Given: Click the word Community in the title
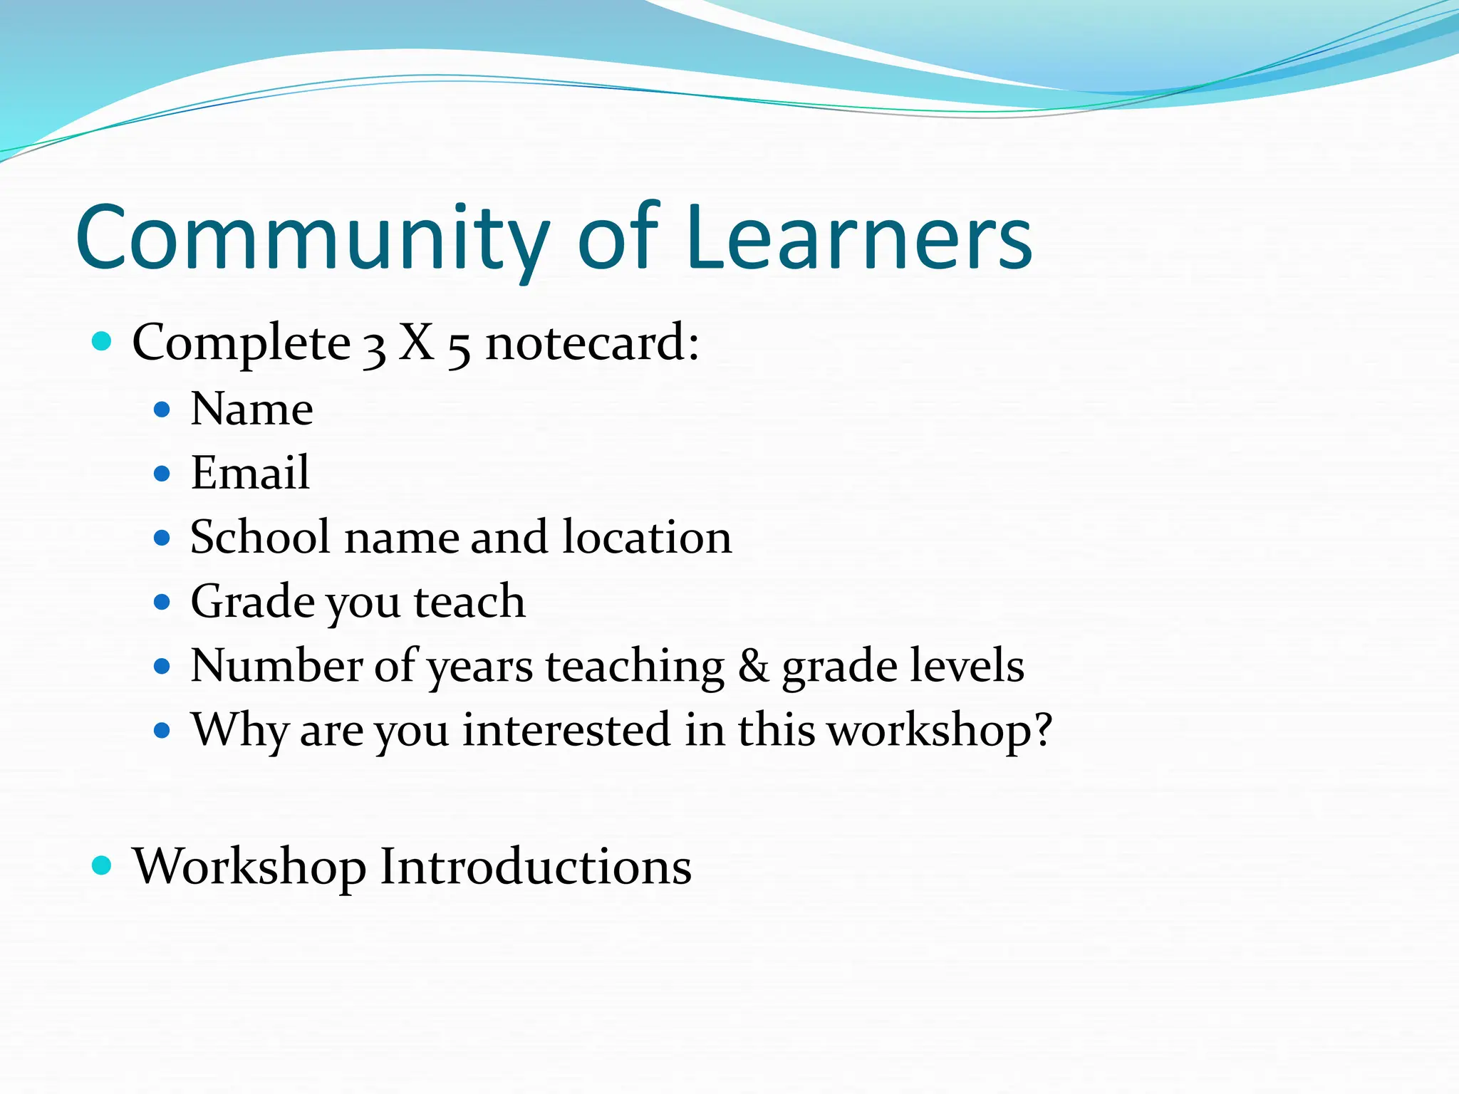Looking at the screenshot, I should click(x=312, y=239).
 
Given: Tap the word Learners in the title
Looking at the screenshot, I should click(x=859, y=239).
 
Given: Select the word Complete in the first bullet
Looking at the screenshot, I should click(x=241, y=343).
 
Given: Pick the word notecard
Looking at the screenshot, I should click(x=591, y=343).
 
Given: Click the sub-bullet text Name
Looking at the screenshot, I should click(x=251, y=410).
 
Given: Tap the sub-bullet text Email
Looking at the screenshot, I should click(x=250, y=473).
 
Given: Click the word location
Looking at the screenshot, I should click(x=647, y=537).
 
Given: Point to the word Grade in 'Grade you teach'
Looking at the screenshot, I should click(x=253, y=602).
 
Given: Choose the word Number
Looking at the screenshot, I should click(x=276, y=666).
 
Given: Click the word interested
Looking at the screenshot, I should click(x=566, y=731).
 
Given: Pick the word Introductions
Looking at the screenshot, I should click(x=535, y=867).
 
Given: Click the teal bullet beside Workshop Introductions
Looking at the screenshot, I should click(x=103, y=865).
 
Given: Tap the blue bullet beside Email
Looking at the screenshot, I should click(x=162, y=474).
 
